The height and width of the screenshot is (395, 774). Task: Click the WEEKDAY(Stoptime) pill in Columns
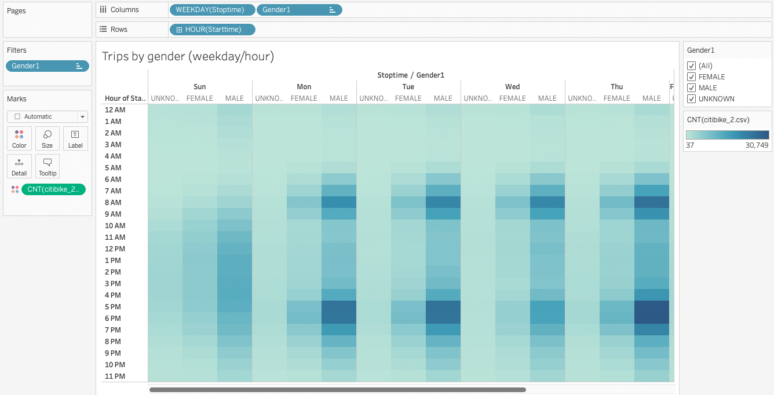pos(212,10)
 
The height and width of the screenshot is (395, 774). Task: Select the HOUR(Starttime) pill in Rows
pos(212,30)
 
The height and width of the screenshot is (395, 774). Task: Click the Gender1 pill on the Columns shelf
pos(298,10)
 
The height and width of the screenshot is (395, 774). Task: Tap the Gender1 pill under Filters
pos(47,66)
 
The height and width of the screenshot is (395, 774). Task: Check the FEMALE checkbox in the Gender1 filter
pos(691,77)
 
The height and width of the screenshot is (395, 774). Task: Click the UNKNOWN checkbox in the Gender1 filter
pos(691,99)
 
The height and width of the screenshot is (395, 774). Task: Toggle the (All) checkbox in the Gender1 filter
pos(691,66)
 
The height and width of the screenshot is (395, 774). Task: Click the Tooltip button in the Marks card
pos(48,166)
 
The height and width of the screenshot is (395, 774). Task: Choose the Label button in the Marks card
pos(75,138)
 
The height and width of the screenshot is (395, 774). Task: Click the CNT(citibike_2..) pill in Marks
pos(53,189)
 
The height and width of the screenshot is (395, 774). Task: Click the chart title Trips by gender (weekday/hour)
pos(188,56)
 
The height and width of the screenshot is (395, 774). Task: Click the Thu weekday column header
pos(616,87)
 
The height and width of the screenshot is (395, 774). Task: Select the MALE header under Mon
pos(339,98)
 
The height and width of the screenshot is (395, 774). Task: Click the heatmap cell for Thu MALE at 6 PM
pos(652,319)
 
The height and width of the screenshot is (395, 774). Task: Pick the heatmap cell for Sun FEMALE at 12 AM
pos(200,110)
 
